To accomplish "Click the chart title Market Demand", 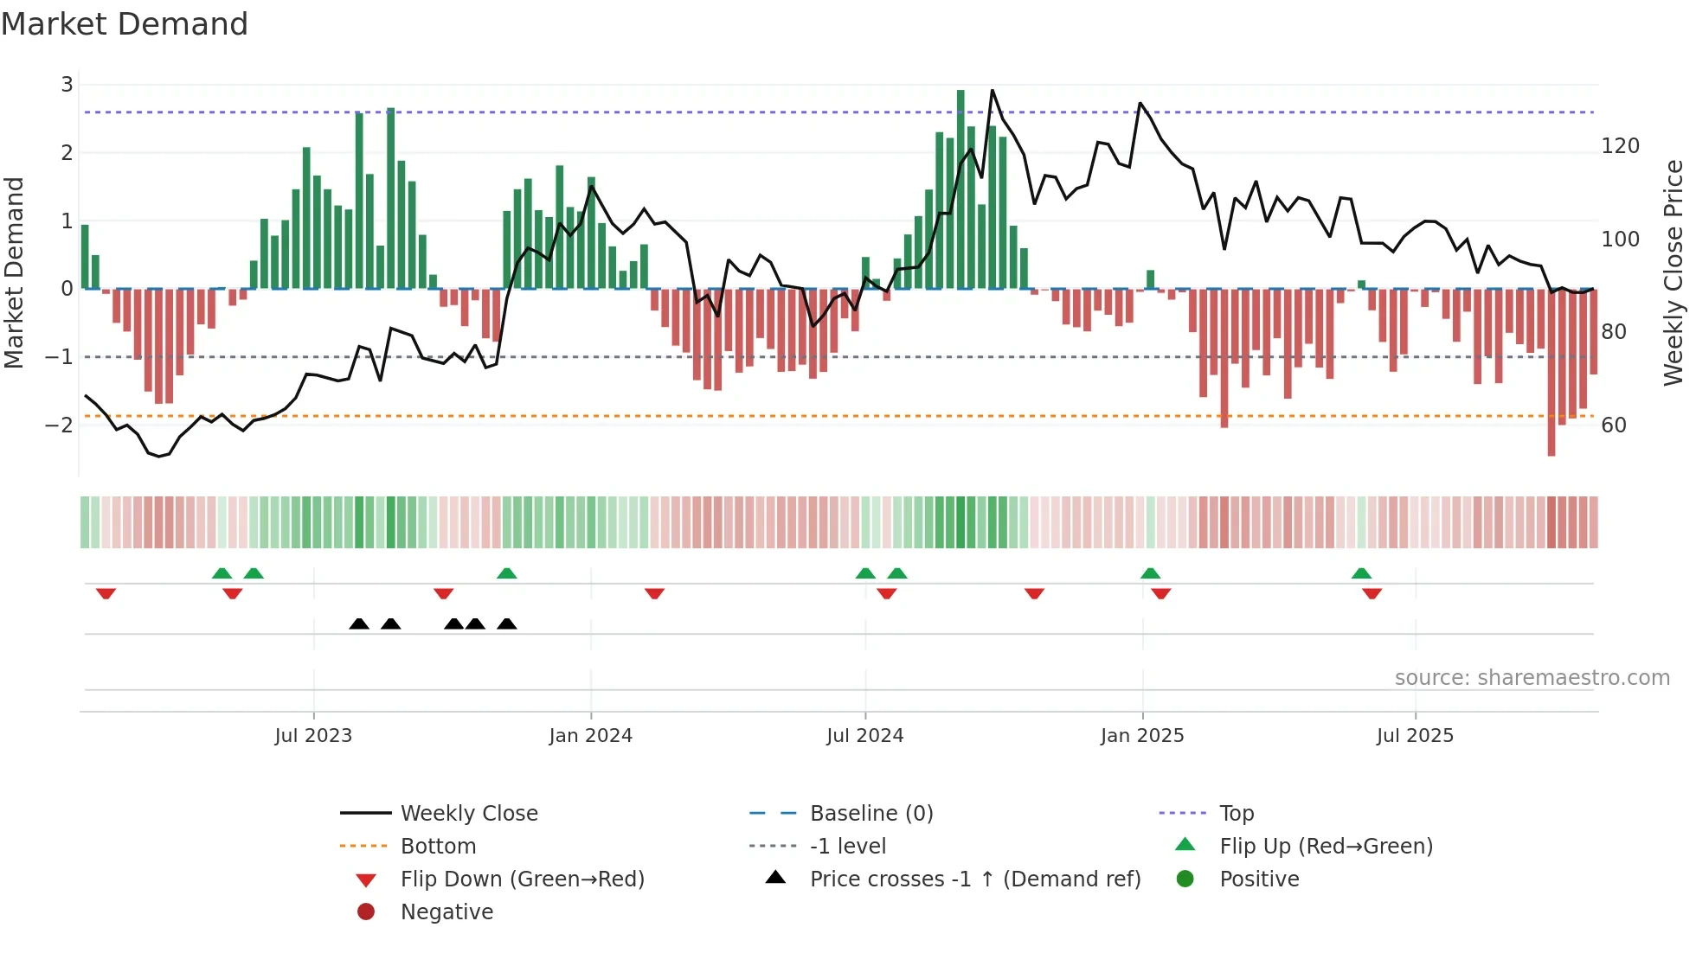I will (x=125, y=24).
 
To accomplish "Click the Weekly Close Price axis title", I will (x=1674, y=272).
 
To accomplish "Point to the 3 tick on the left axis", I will (x=67, y=85).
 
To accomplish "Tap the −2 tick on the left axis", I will (x=59, y=425).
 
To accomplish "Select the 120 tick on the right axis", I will (x=1620, y=146).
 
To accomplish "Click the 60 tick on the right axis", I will (x=1614, y=425).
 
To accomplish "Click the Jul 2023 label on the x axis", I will (x=313, y=736).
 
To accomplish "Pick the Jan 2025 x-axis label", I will (x=1142, y=736).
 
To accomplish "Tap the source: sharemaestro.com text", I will (x=1532, y=678).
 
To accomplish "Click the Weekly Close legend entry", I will (x=468, y=814).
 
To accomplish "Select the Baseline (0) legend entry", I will (x=870, y=814).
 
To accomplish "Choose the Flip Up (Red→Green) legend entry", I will (x=1326, y=847).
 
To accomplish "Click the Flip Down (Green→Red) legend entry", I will (x=522, y=879).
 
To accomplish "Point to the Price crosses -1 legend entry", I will (x=974, y=879).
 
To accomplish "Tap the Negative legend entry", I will (x=446, y=912).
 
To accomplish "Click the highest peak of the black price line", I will (x=993, y=91).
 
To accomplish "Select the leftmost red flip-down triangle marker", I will (x=106, y=593).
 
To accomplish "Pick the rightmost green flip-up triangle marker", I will (x=1361, y=573).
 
